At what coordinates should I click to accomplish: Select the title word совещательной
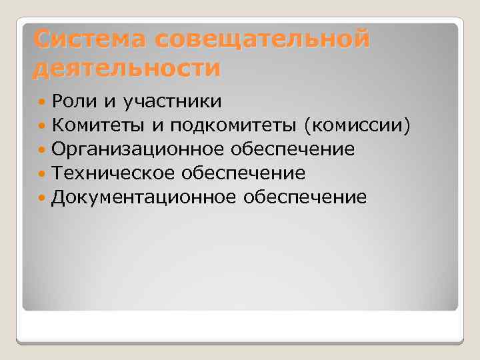pos(262,41)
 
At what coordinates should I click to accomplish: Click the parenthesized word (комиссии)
pos(356,125)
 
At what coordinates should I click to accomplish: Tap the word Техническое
pos(115,173)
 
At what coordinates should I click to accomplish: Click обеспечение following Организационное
pos(293,149)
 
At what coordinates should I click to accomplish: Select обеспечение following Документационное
pos(305,197)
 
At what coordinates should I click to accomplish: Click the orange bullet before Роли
pos(43,102)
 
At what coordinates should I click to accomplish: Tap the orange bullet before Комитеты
pos(43,125)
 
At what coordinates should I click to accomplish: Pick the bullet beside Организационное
pos(43,149)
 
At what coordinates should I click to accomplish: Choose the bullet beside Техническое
pos(43,174)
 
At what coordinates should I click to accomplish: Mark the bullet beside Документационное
pos(43,198)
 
